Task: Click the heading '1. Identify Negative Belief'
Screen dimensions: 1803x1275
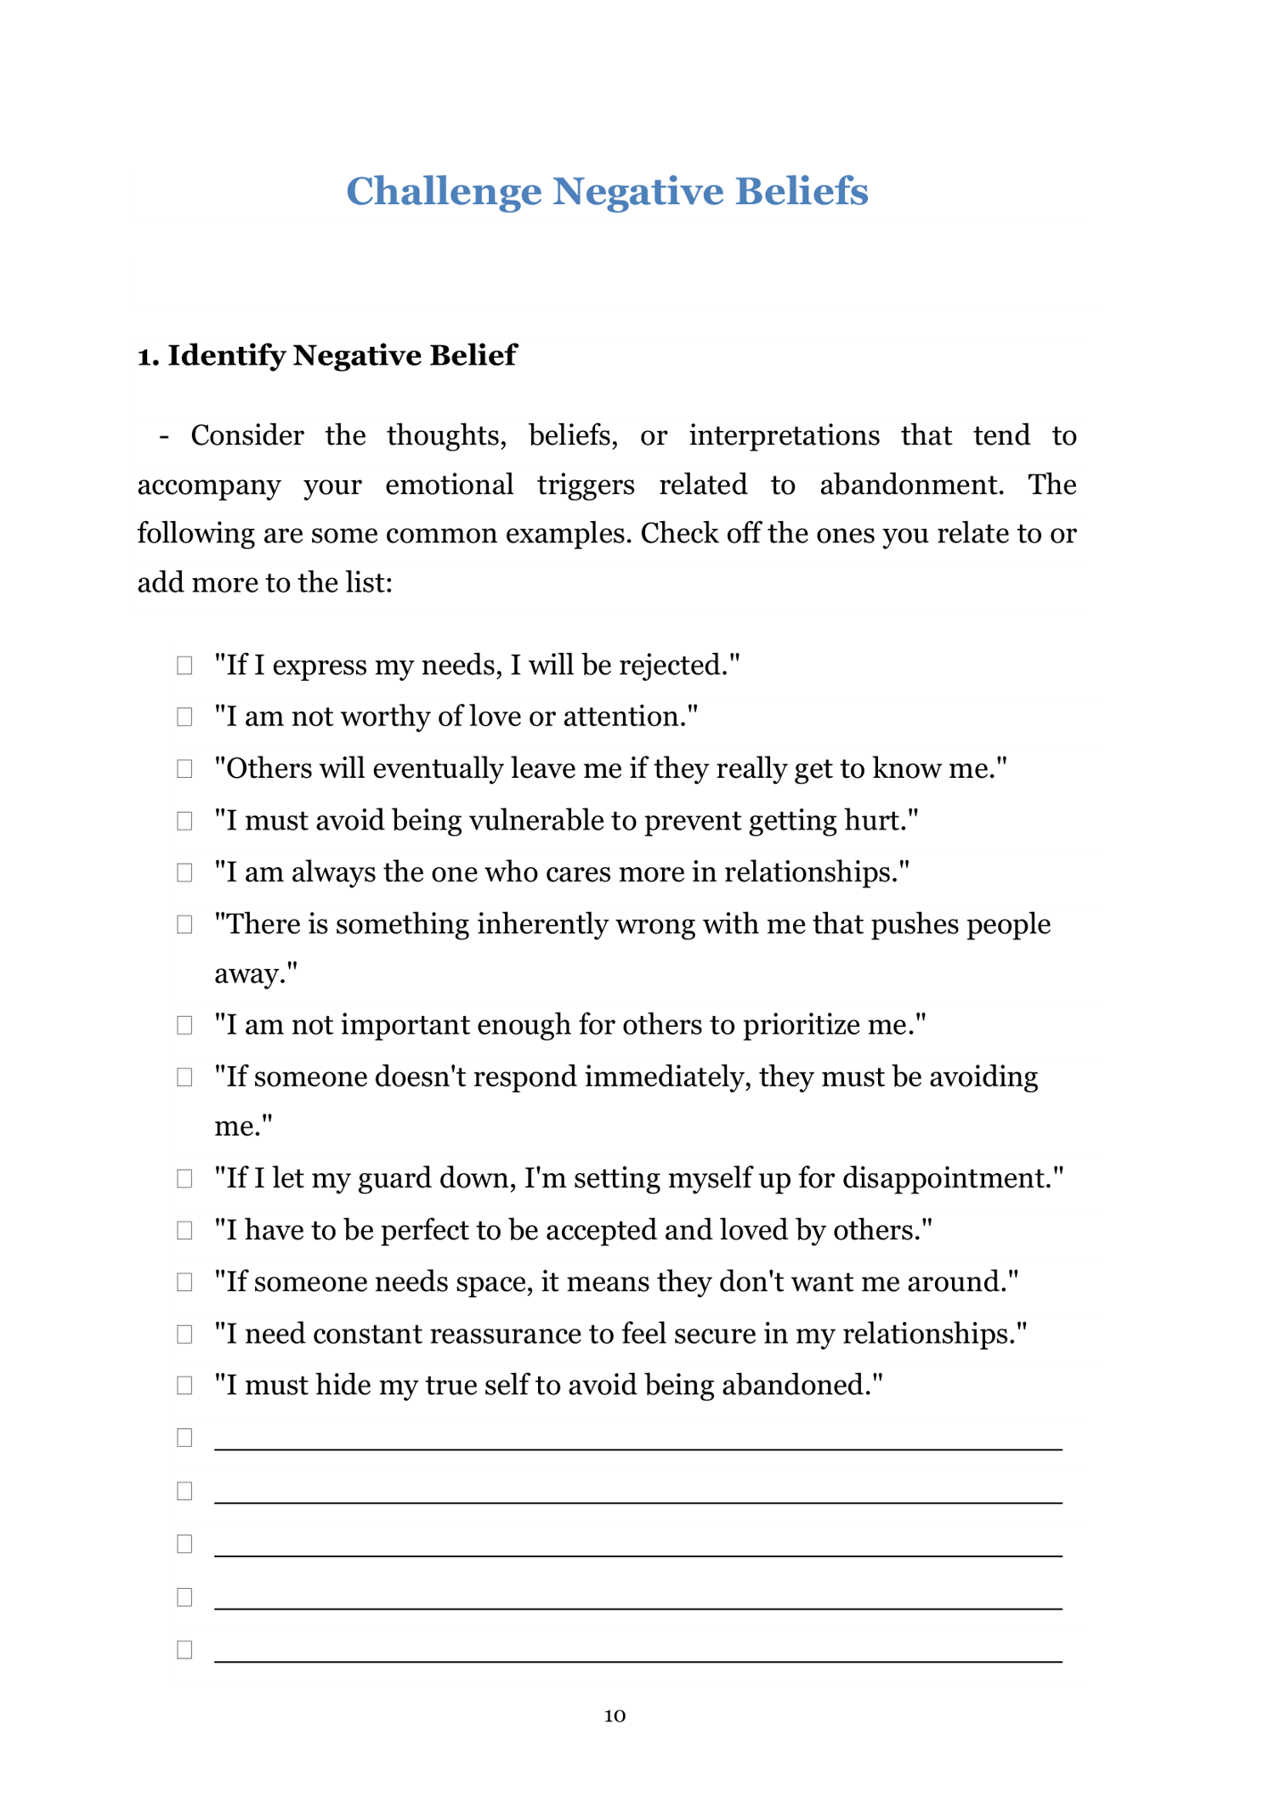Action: click(x=326, y=355)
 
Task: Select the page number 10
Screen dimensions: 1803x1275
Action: click(x=615, y=1715)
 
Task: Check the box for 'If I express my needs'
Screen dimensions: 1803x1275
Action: click(x=184, y=665)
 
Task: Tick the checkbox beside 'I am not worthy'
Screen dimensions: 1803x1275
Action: click(x=184, y=717)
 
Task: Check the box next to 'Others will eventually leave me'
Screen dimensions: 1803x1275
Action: click(x=184, y=768)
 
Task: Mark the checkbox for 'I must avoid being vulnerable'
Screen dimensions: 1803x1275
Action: click(x=184, y=820)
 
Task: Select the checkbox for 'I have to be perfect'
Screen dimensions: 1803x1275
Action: click(x=184, y=1230)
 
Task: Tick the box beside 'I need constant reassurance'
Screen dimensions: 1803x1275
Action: click(x=184, y=1334)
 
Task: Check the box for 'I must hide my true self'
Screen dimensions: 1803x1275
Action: click(x=184, y=1385)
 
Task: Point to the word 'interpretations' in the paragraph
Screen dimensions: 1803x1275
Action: click(x=784, y=435)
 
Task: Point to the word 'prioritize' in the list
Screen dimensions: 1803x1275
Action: click(x=801, y=1025)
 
